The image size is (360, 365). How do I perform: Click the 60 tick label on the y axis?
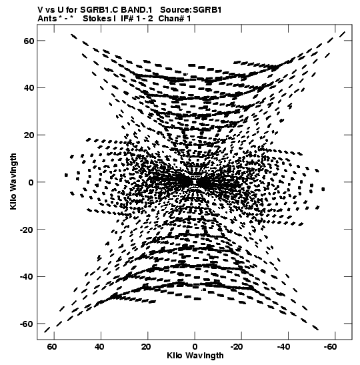point(29,41)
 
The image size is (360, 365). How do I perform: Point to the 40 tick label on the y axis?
point(29,88)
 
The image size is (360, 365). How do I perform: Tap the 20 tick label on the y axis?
point(29,135)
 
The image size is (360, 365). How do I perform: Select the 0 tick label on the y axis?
point(31,182)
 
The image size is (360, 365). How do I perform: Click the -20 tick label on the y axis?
point(27,230)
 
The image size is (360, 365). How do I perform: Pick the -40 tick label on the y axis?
point(27,276)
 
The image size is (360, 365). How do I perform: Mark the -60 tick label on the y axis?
point(27,324)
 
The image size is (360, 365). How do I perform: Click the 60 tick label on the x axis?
point(52,347)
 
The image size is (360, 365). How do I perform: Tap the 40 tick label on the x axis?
point(99,347)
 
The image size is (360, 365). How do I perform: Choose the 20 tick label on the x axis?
point(146,347)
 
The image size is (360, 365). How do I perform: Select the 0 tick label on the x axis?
point(195,347)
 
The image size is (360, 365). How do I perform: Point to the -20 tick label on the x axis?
point(237,347)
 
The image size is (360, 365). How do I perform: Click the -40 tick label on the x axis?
point(284,347)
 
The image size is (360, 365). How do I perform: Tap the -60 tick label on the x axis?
point(330,347)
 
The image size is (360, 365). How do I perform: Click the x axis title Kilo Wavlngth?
point(195,356)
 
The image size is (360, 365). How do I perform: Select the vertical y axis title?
point(14,181)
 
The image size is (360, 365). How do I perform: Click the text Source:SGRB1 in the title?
point(191,10)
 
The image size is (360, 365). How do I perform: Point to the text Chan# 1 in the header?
point(175,19)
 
